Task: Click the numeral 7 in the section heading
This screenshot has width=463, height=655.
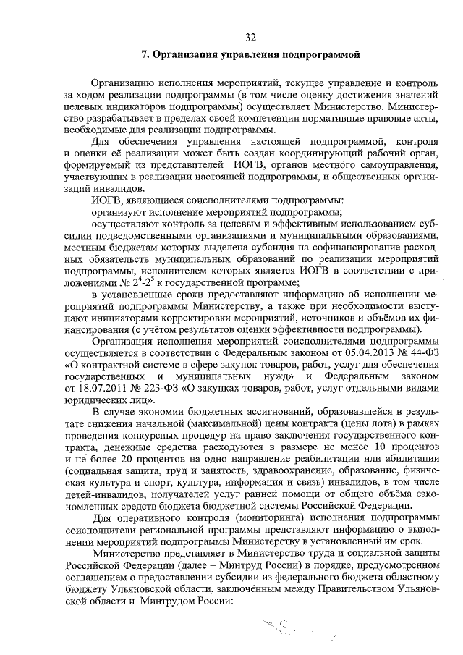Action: tap(145, 54)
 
